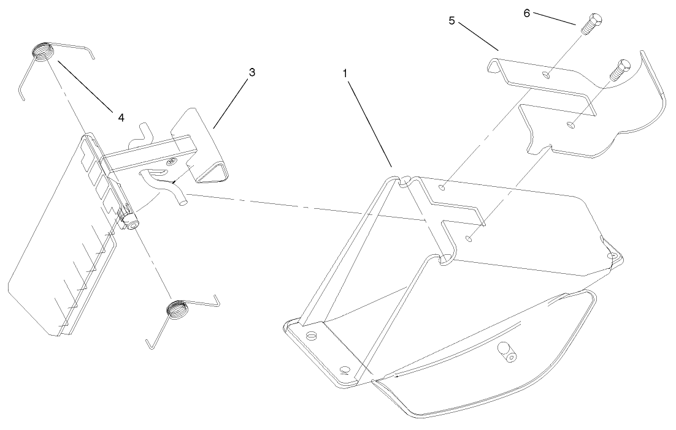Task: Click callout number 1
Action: (x=345, y=72)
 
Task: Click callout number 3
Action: (x=252, y=72)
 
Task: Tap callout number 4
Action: (x=121, y=118)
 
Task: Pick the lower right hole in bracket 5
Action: (x=570, y=126)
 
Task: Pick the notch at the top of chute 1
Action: (x=404, y=179)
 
